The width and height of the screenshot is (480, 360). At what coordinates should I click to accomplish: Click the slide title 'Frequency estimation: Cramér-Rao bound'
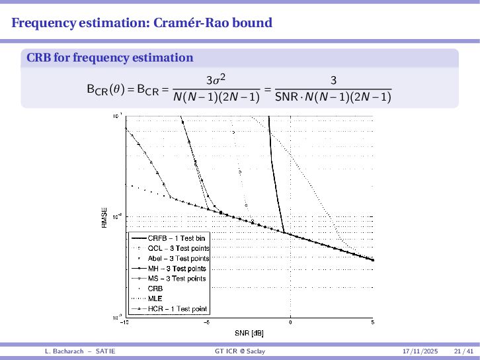pyautogui.click(x=142, y=23)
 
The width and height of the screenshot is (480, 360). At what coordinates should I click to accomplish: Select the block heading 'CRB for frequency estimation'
pyautogui.click(x=110, y=58)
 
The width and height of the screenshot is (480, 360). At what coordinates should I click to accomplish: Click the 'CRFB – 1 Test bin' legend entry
pyautogui.click(x=178, y=238)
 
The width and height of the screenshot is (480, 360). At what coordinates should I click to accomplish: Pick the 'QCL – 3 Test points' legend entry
pyautogui.click(x=179, y=248)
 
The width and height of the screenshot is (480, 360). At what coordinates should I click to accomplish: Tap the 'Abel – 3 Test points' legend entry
pyautogui.click(x=179, y=258)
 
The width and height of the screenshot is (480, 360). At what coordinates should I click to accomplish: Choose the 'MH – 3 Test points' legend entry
pyautogui.click(x=177, y=269)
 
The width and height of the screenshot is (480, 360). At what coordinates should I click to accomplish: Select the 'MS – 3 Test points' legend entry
pyautogui.click(x=177, y=279)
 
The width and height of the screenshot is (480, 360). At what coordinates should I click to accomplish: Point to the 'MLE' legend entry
pyautogui.click(x=155, y=298)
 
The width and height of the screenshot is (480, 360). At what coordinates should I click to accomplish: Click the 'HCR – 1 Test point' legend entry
pyautogui.click(x=177, y=309)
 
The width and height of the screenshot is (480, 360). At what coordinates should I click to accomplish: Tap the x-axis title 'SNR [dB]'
pyautogui.click(x=249, y=332)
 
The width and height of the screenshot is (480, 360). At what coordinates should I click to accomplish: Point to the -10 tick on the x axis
pyautogui.click(x=124, y=322)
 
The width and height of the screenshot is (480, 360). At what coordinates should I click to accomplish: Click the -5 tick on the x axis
pyautogui.click(x=207, y=322)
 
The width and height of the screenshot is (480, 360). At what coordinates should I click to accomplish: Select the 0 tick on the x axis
pyautogui.click(x=290, y=322)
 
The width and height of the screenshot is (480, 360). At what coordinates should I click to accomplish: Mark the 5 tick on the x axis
pyautogui.click(x=372, y=322)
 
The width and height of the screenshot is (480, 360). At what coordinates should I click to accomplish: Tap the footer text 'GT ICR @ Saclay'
pyautogui.click(x=240, y=351)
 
